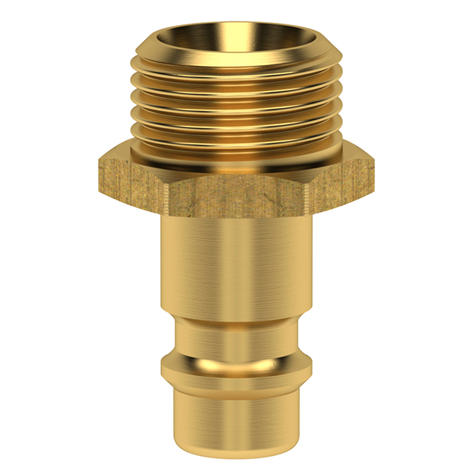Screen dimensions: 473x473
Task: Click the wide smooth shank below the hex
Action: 236,266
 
